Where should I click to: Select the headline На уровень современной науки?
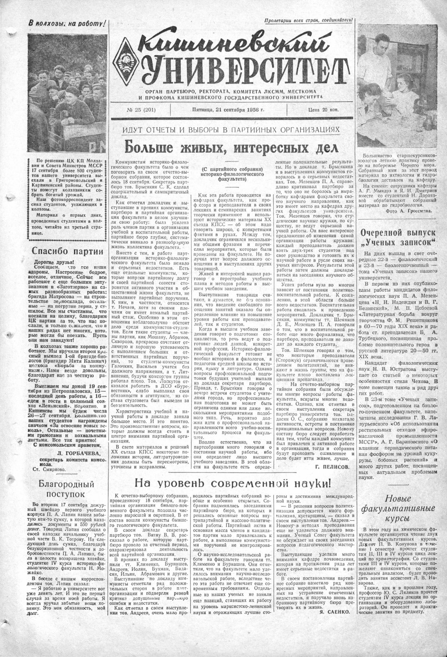233,483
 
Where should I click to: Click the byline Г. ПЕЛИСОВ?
332,466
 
